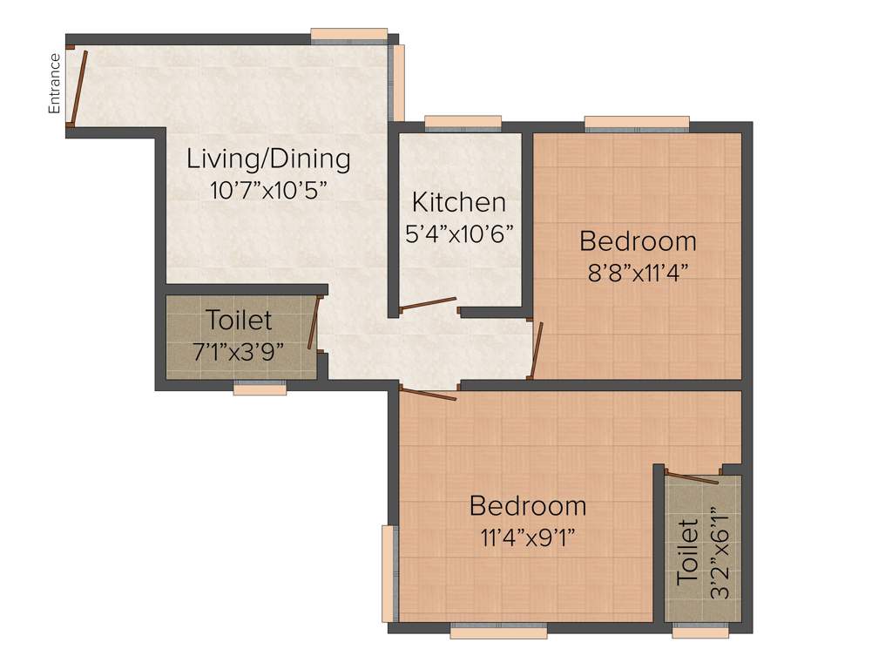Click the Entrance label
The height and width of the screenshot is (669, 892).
point(54,84)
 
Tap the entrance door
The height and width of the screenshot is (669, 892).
point(78,86)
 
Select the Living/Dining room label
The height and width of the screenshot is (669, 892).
point(269,159)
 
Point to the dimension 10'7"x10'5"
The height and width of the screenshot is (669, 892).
point(268,191)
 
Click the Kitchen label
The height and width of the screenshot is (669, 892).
point(459,203)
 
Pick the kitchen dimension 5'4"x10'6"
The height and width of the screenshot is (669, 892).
point(460,233)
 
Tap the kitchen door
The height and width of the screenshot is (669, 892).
point(427,303)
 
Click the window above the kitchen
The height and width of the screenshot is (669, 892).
point(463,122)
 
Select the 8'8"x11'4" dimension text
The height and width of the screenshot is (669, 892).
point(639,271)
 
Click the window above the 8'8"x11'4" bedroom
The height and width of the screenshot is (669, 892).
point(637,122)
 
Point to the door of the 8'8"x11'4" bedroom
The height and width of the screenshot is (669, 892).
point(537,350)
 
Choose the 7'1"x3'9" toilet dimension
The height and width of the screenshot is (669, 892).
point(239,352)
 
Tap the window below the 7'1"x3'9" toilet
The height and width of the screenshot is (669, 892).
point(260,389)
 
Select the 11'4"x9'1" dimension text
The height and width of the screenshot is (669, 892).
point(527,537)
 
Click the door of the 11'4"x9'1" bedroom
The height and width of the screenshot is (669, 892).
point(428,394)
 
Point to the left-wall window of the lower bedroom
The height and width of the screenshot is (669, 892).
point(388,573)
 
